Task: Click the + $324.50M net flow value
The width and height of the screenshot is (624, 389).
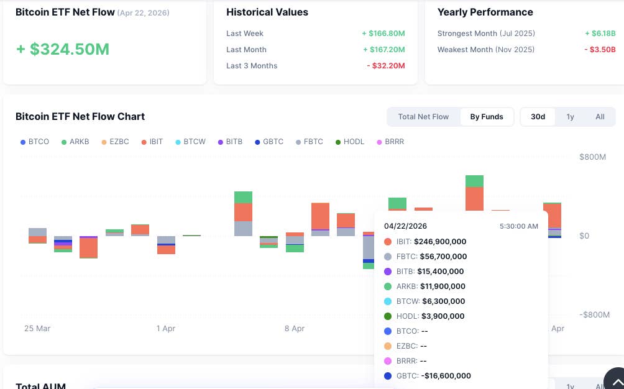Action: pyautogui.click(x=63, y=49)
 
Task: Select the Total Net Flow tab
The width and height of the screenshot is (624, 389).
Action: pyautogui.click(x=423, y=117)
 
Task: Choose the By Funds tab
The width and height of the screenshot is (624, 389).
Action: pyautogui.click(x=487, y=117)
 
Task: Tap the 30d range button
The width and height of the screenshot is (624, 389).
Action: pyautogui.click(x=538, y=117)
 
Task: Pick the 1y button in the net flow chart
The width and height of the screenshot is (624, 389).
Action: pyautogui.click(x=570, y=117)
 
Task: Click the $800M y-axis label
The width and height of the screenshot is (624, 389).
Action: pyautogui.click(x=592, y=157)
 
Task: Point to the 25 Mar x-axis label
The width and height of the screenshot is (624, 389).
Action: pyautogui.click(x=37, y=328)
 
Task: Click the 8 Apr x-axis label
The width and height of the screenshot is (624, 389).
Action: pyautogui.click(x=295, y=328)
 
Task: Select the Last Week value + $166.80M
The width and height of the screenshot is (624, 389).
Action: pyautogui.click(x=383, y=34)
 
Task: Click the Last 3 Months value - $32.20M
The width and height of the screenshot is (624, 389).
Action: pyautogui.click(x=386, y=66)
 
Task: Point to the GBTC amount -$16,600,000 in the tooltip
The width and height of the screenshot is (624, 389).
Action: pyautogui.click(x=445, y=376)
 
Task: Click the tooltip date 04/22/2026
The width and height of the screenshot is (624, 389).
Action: pyautogui.click(x=405, y=226)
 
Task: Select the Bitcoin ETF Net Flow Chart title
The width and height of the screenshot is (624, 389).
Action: pyautogui.click(x=80, y=117)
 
